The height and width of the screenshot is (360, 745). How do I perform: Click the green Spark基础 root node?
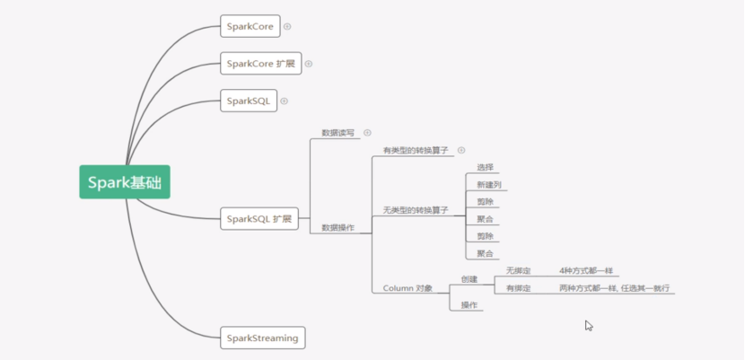[x=124, y=182]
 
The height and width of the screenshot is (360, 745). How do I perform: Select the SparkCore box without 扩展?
[x=250, y=26]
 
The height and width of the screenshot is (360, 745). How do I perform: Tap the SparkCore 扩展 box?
[x=260, y=64]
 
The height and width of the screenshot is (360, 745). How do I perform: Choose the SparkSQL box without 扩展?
[x=248, y=101]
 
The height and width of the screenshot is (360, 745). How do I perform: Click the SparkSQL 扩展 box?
[x=259, y=218]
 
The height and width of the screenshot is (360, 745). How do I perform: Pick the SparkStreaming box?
[x=262, y=338]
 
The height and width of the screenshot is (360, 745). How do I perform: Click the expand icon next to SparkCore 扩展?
[x=309, y=64]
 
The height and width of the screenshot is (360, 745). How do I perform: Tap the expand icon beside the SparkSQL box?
[x=285, y=101]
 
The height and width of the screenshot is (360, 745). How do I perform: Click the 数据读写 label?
[x=337, y=133]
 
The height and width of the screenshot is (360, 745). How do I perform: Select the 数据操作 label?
[x=337, y=228]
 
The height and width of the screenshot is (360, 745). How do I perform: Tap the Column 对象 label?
[x=408, y=288]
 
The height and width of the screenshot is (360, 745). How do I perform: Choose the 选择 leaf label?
[x=485, y=167]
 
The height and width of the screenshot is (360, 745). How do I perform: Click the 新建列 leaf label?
[x=489, y=184]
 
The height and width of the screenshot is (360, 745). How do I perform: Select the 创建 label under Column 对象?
[x=469, y=278]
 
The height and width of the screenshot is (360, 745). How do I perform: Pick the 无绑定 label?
[x=518, y=270]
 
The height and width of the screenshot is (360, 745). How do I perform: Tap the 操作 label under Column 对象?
[x=469, y=305]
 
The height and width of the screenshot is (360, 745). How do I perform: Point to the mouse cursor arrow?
[x=588, y=324]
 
